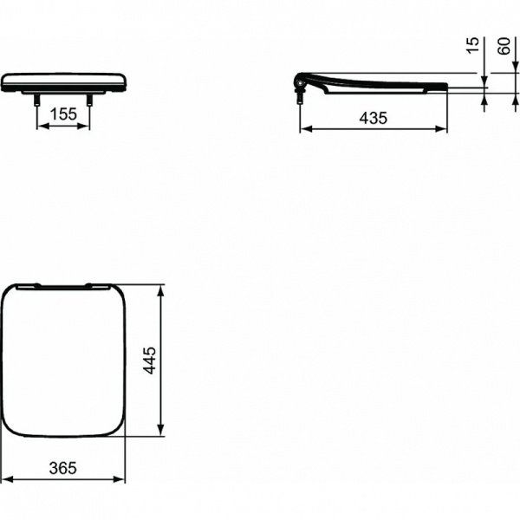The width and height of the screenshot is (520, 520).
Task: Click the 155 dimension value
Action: coord(63,113)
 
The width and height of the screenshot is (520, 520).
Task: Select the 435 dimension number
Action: coord(374,118)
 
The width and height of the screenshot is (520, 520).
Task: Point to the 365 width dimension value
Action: coord(63,468)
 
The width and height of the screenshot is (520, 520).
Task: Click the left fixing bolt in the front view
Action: coord(37,101)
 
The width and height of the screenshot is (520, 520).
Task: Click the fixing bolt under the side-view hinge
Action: coord(302,95)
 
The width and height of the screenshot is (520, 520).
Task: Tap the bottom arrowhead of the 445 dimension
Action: coord(160,433)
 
